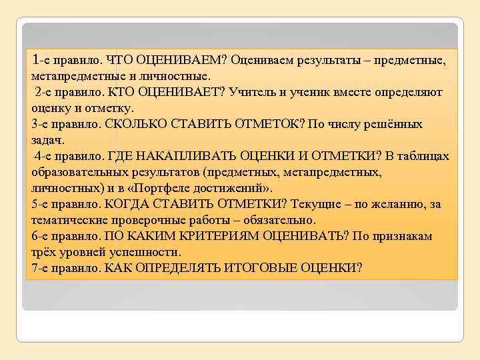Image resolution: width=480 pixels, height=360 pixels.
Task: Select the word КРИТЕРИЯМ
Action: click(217, 236)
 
